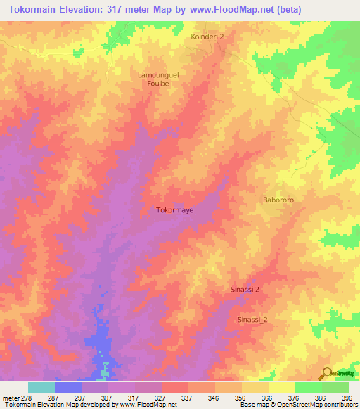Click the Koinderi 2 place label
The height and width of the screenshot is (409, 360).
(x=207, y=36)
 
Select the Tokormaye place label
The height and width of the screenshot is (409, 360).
(x=174, y=209)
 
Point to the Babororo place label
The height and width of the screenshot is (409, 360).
(x=281, y=200)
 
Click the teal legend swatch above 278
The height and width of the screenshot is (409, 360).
(x=41, y=387)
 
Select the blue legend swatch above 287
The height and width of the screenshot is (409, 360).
(x=68, y=387)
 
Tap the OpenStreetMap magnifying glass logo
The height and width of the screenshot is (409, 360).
(x=326, y=372)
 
